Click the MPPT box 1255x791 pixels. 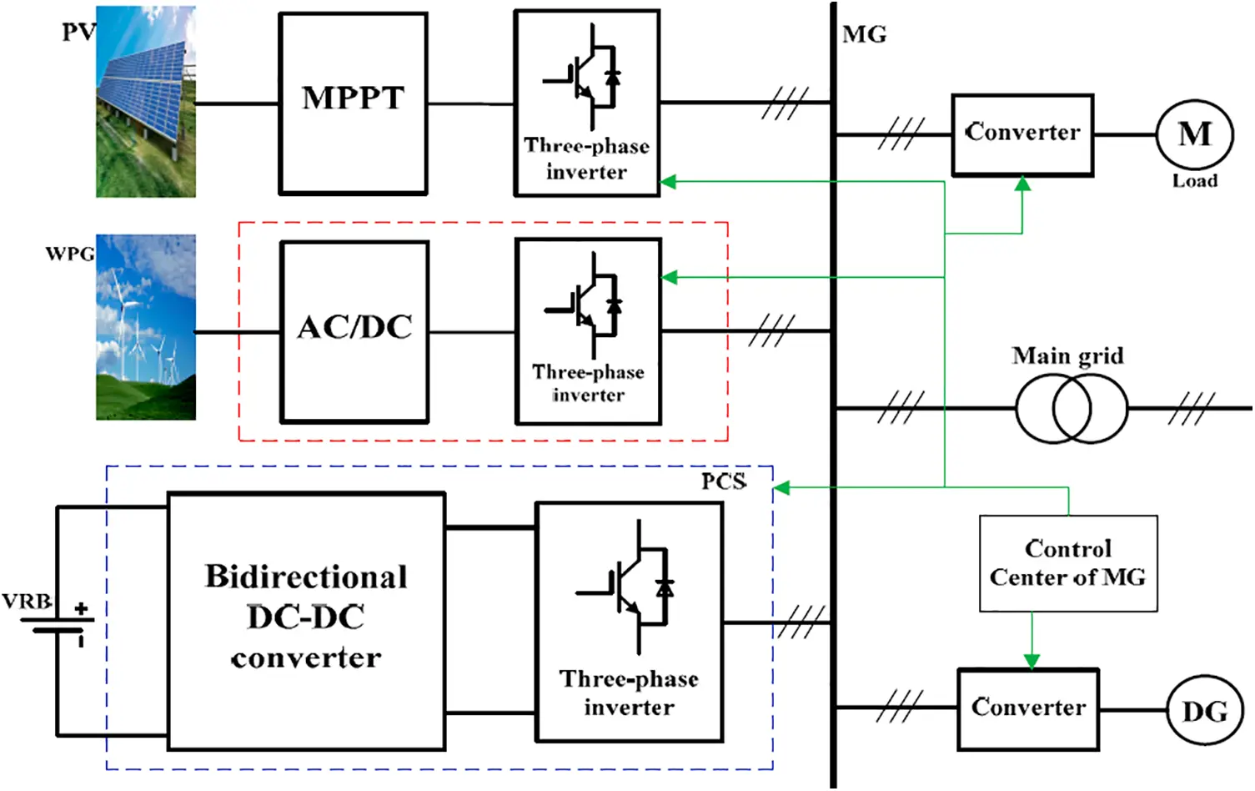[353, 103]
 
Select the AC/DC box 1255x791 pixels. [354, 331]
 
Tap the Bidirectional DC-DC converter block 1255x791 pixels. [306, 621]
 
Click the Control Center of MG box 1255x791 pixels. [1067, 563]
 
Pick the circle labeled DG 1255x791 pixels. [1204, 711]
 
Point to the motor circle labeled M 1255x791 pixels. [1194, 134]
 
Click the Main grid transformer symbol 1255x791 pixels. [1071, 408]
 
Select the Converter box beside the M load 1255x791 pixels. [1022, 134]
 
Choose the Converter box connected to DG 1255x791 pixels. [1027, 708]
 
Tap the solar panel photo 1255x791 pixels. [146, 102]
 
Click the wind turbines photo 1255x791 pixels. [146, 327]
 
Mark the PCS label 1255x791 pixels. [723, 481]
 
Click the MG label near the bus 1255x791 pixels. [864, 34]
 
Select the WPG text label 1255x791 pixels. [69, 253]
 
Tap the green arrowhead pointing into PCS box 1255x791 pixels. [781, 487]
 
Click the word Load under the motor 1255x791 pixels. [1194, 181]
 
